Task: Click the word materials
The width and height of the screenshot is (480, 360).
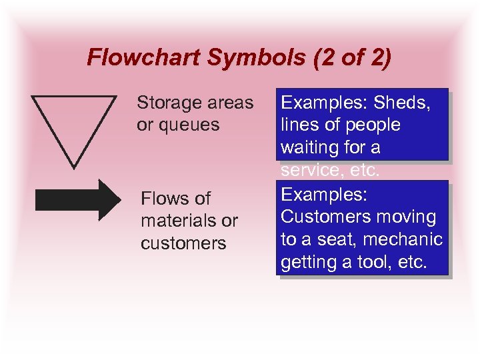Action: tap(177, 221)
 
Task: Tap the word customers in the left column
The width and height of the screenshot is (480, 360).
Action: tap(183, 243)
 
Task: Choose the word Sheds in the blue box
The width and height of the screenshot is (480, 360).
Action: tap(402, 103)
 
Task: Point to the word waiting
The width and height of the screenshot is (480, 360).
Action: tap(311, 147)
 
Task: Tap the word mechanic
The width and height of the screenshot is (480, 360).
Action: tap(407, 239)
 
